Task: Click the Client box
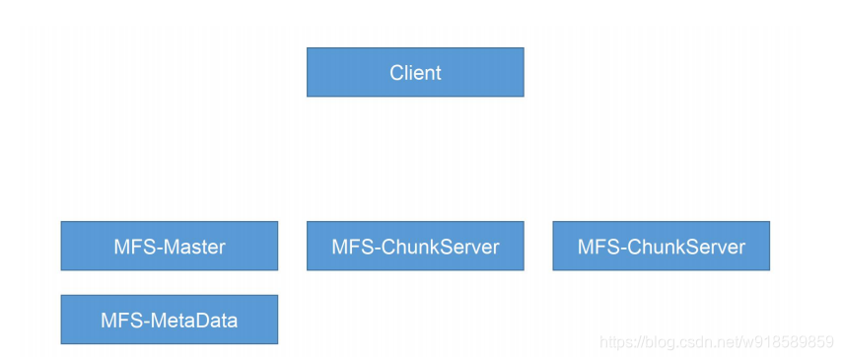[415, 72]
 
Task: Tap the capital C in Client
[397, 73]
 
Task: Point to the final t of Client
[438, 73]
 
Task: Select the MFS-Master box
[170, 246]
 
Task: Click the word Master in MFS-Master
[193, 247]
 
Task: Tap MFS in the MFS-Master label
[134, 247]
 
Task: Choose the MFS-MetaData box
[170, 320]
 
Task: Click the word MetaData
[193, 321]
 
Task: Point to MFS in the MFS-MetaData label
[121, 321]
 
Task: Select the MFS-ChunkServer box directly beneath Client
[415, 246]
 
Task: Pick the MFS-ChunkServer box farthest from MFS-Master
[662, 246]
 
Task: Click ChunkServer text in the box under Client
[439, 247]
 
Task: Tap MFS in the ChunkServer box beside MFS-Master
[352, 247]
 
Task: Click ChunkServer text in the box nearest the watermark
[685, 247]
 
